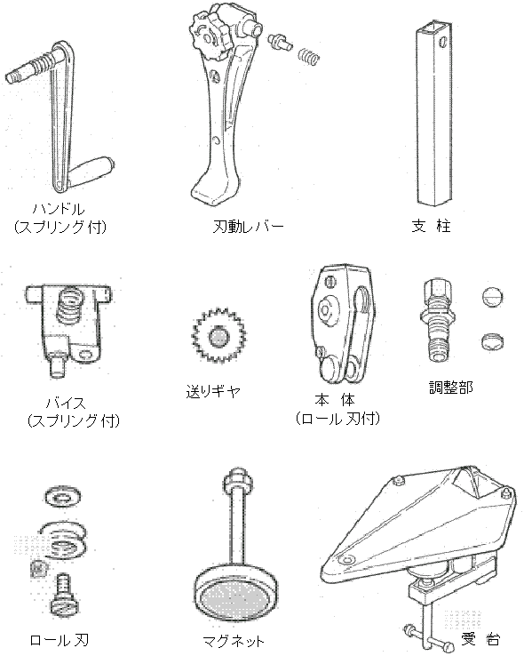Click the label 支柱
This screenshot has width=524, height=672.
(x=431, y=226)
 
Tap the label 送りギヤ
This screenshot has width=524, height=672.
(x=213, y=390)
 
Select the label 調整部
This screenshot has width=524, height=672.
(x=451, y=387)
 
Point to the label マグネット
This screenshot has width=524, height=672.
(x=234, y=641)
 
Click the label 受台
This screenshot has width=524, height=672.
(x=480, y=639)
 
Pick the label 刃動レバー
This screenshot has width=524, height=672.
(x=248, y=226)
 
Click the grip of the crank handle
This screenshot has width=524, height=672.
(x=92, y=170)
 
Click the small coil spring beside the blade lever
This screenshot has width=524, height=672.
(x=309, y=57)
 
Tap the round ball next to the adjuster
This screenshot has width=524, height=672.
(x=492, y=297)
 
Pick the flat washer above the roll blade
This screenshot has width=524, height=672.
(x=63, y=497)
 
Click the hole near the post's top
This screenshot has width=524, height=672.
(x=443, y=42)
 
